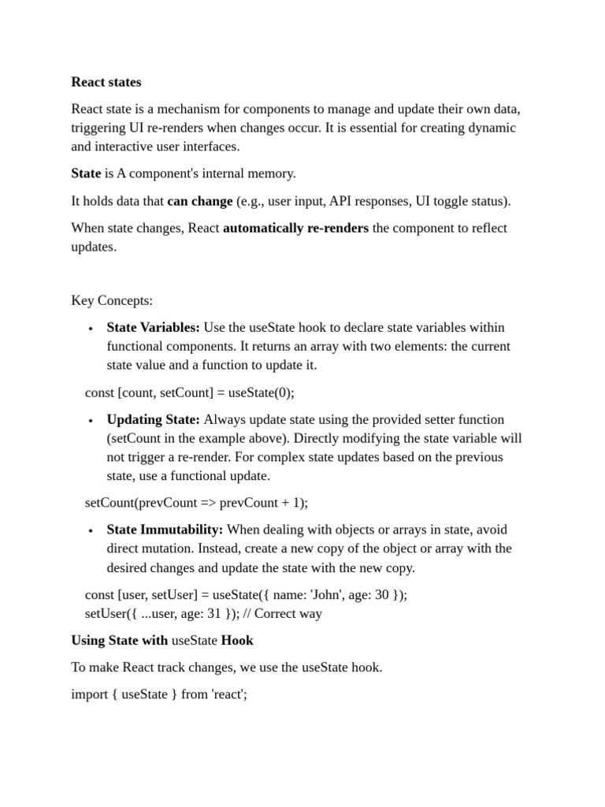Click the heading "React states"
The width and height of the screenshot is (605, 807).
(106, 82)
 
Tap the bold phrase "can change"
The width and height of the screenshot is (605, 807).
(199, 201)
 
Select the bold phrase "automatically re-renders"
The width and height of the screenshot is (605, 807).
(295, 229)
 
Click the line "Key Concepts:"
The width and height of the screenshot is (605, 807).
(112, 300)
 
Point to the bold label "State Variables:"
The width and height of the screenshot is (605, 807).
(153, 328)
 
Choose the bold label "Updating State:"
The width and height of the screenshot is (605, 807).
(153, 420)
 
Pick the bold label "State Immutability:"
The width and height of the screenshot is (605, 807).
(165, 530)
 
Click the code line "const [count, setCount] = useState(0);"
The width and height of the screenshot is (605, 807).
(189, 392)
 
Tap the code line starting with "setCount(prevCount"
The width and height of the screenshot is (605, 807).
(196, 503)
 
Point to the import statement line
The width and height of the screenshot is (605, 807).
(159, 695)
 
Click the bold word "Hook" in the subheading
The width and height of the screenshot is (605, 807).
(237, 641)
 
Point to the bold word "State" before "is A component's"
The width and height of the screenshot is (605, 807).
(86, 173)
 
